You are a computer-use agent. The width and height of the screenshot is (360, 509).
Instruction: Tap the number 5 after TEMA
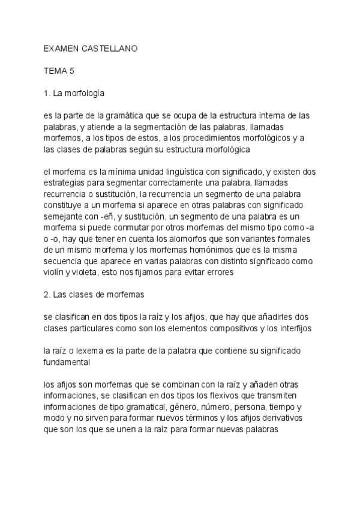(x=72, y=71)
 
